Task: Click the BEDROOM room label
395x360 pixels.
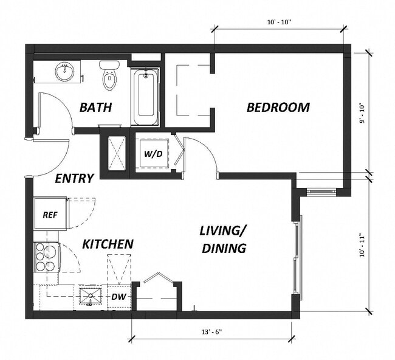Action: (x=278, y=108)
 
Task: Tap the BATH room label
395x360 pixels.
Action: (x=96, y=108)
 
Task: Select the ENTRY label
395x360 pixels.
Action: (x=74, y=179)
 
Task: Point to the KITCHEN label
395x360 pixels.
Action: (x=108, y=244)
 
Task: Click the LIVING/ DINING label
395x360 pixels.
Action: (x=223, y=240)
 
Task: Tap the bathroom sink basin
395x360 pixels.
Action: (x=64, y=72)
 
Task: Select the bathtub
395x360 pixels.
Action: (x=146, y=95)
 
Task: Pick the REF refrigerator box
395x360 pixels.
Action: (x=50, y=214)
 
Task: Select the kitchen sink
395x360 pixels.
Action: (x=92, y=297)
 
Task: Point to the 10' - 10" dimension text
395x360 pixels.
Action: (x=279, y=22)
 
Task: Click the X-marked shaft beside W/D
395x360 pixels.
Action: (x=115, y=152)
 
